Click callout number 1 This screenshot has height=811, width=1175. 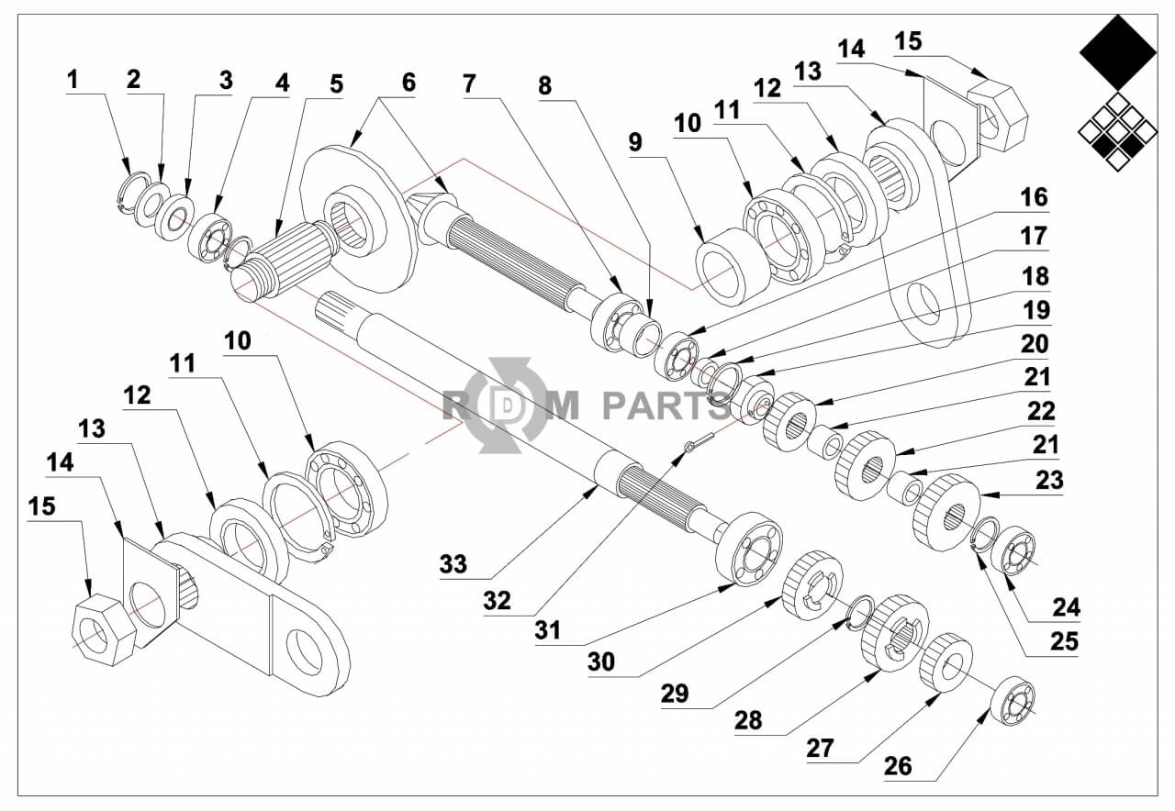click(x=73, y=79)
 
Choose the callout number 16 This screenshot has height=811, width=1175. click(x=1034, y=197)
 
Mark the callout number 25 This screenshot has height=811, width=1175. click(x=1064, y=641)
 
